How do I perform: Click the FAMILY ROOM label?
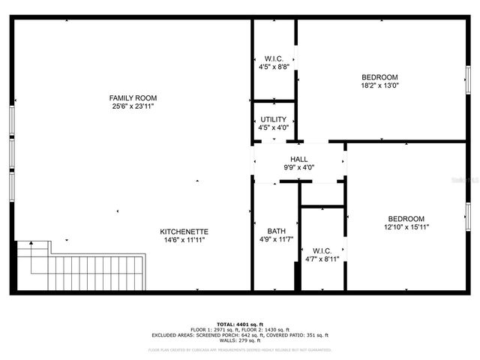133,98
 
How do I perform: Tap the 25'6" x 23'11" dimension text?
133,106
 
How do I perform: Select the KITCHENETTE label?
184,232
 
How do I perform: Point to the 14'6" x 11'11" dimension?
184,240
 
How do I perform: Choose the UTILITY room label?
273,120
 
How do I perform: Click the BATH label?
276,231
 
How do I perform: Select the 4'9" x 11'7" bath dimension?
276,239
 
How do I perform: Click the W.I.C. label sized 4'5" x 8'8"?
273,58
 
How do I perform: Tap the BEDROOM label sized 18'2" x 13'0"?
379,77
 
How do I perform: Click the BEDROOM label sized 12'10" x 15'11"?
406,218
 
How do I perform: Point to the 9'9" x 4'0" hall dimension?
299,168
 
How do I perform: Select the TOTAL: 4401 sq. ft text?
240,323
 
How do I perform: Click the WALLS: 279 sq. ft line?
240,341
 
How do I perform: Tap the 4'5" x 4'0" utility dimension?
273,128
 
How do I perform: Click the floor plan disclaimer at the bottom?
240,349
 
